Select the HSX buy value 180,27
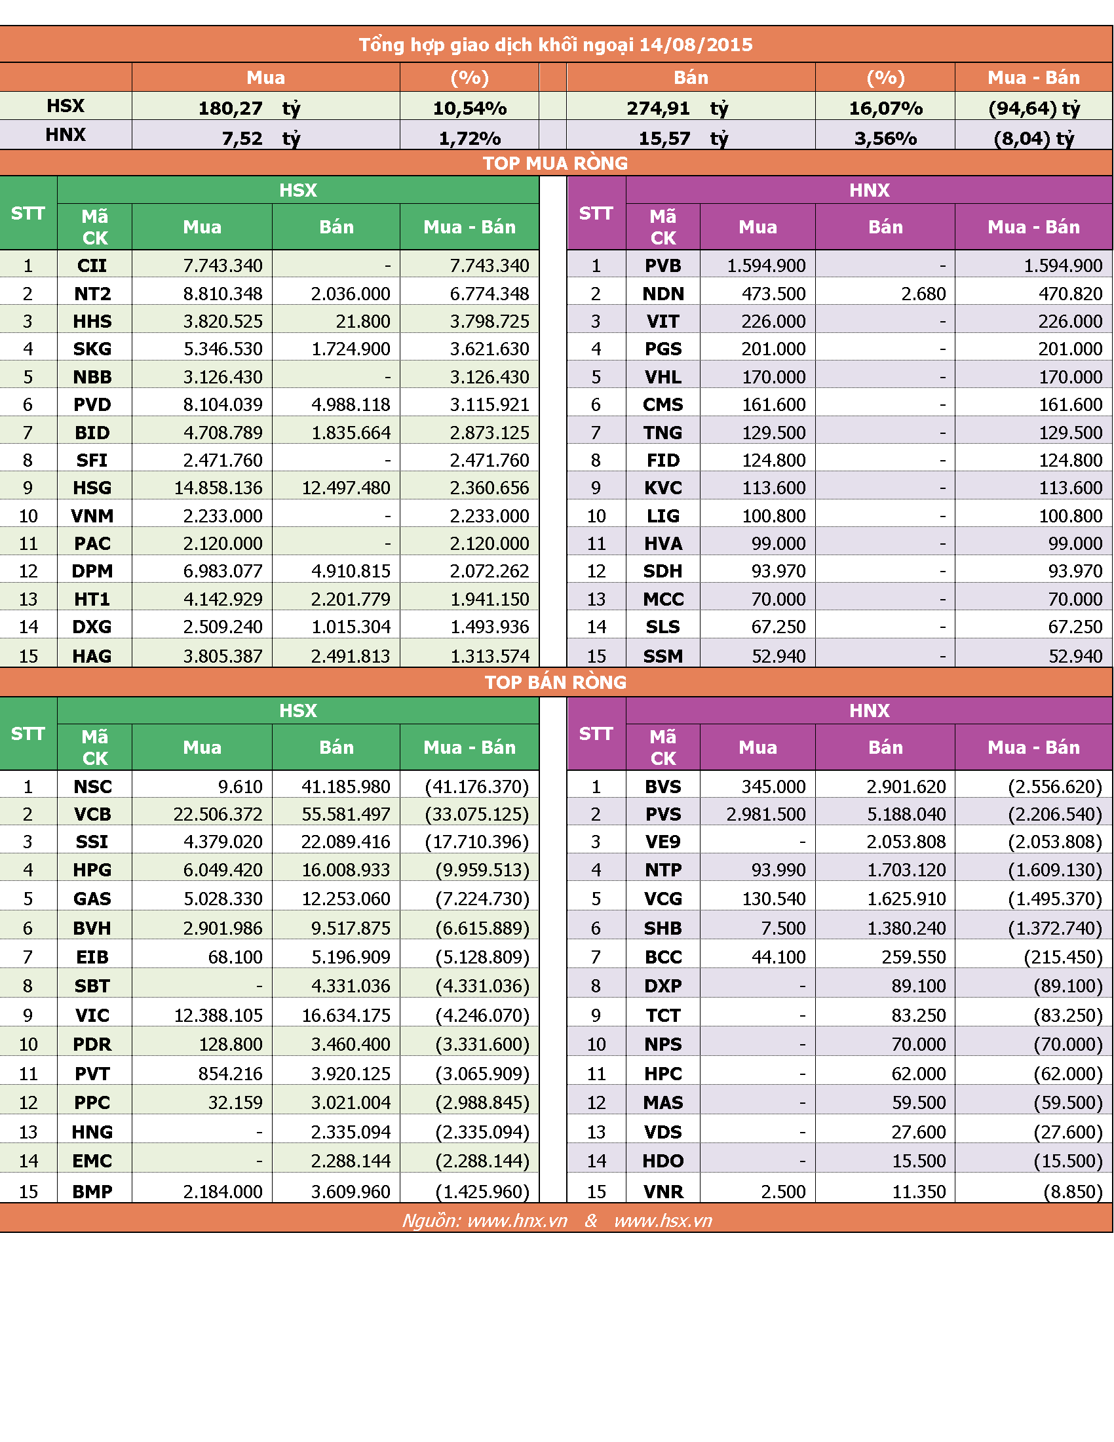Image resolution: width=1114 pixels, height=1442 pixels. pyautogui.click(x=230, y=108)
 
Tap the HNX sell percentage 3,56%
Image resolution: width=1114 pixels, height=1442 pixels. pyautogui.click(x=885, y=138)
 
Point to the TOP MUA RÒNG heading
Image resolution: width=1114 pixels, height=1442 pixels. pyautogui.click(x=555, y=163)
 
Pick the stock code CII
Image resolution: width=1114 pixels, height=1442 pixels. pyautogui.click(x=92, y=265)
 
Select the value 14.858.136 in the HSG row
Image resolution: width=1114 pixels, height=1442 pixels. pyautogui.click(x=218, y=488)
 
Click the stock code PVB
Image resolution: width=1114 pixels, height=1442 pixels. pyautogui.click(x=663, y=265)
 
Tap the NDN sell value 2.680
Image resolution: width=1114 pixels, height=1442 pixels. pyautogui.click(x=923, y=294)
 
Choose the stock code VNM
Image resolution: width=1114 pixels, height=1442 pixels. pyautogui.click(x=92, y=516)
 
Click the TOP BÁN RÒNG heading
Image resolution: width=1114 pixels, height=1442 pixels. pyautogui.click(x=555, y=682)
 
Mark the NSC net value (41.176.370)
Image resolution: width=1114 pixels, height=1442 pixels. pyautogui.click(x=477, y=787)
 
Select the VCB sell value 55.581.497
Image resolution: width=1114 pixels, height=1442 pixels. pyautogui.click(x=346, y=814)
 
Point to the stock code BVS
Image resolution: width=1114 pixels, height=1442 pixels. pyautogui.click(x=663, y=787)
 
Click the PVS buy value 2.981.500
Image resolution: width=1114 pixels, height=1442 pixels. pyautogui.click(x=765, y=814)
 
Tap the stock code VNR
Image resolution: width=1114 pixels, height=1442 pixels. pyautogui.click(x=663, y=1192)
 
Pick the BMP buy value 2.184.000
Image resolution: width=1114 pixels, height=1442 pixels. pyautogui.click(x=222, y=1192)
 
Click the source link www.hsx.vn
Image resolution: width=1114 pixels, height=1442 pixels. pyautogui.click(x=663, y=1220)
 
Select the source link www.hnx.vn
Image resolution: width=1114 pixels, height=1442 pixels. pyautogui.click(x=518, y=1220)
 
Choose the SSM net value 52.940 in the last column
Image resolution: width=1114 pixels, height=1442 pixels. pyautogui.click(x=1075, y=656)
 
